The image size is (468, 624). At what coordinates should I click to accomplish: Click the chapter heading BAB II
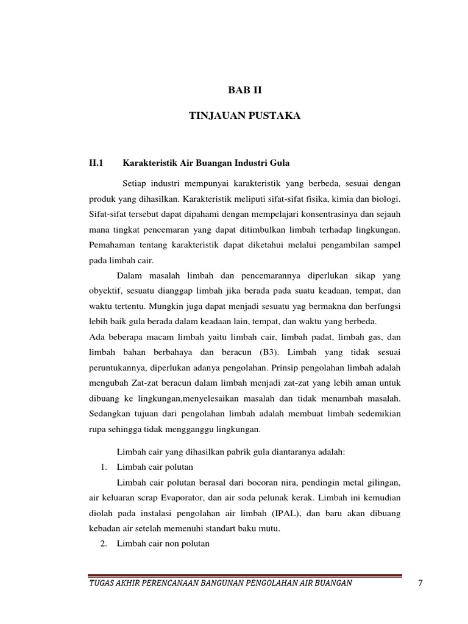[x=244, y=90]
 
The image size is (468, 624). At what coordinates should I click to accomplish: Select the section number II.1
[x=97, y=163]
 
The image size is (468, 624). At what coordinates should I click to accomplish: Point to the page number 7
[x=420, y=583]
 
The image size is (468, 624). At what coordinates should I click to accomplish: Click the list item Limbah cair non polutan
[x=163, y=543]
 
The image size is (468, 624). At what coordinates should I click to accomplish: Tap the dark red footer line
[x=244, y=574]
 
